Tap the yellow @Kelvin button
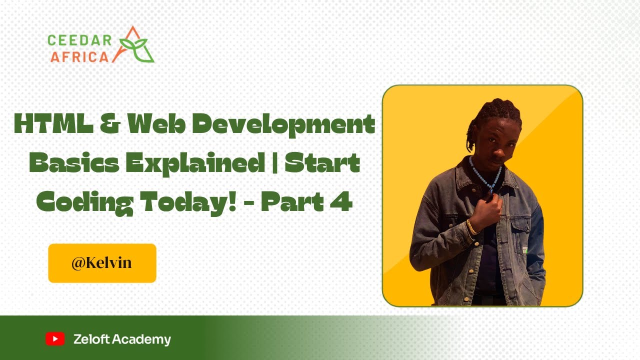point(102,263)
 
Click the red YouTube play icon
point(55,339)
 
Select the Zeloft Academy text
point(122,339)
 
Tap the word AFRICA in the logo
point(79,56)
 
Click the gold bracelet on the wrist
point(471,227)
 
